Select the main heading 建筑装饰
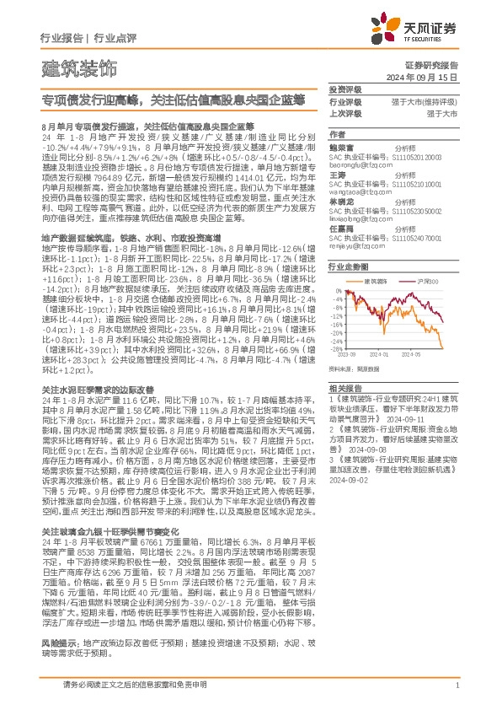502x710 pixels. (x=79, y=66)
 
